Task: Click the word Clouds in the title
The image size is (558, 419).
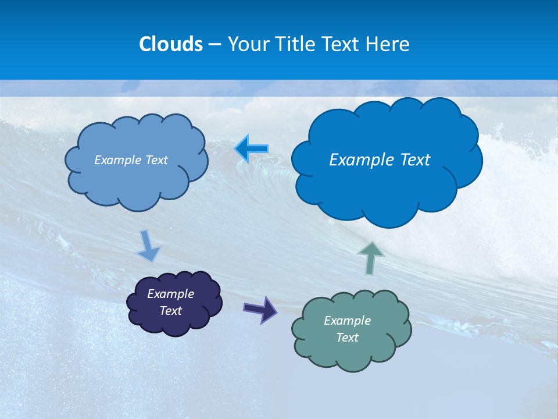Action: click(x=171, y=44)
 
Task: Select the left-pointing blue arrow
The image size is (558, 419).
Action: click(x=252, y=149)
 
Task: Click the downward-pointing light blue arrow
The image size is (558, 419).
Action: click(x=148, y=246)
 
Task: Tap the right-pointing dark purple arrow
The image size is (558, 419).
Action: click(x=260, y=308)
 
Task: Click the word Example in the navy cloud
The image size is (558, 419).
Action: click(x=170, y=294)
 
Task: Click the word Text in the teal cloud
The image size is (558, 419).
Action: click(x=347, y=338)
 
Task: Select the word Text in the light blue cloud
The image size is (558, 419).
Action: click(x=156, y=160)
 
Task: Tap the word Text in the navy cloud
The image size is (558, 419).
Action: click(x=170, y=311)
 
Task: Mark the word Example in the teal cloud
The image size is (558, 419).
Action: click(x=347, y=321)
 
